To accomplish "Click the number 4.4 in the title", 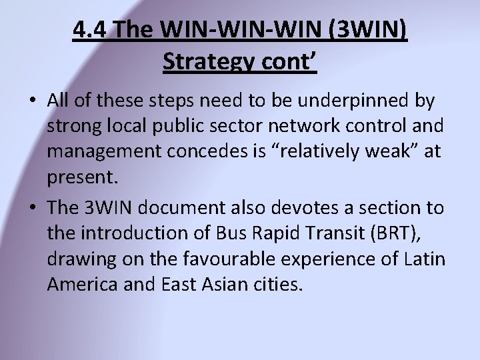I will pyautogui.click(x=91, y=31).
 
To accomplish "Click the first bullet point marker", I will pyautogui.click(x=33, y=102).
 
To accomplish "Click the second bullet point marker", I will pyautogui.click(x=33, y=209).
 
